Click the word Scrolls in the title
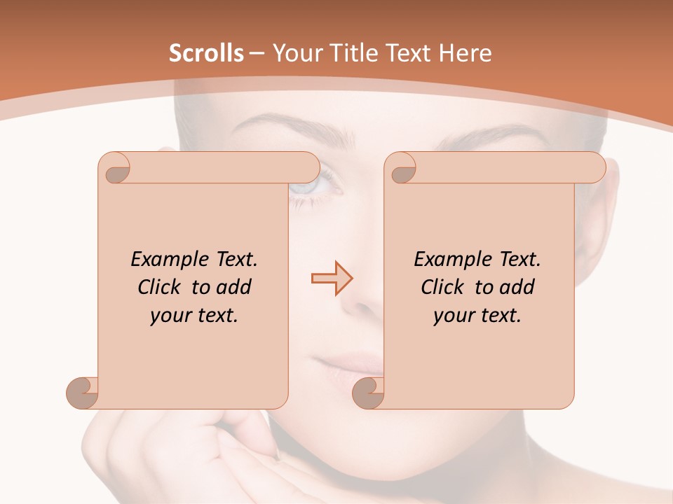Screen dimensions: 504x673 [206, 53]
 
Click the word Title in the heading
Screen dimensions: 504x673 [347, 53]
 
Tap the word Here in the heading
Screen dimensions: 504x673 [465, 53]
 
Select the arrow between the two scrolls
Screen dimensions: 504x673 [332, 278]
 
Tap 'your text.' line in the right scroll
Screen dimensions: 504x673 [477, 316]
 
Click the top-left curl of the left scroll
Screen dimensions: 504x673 [114, 168]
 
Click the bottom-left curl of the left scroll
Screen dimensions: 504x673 [82, 393]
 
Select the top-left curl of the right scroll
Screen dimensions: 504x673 [400, 168]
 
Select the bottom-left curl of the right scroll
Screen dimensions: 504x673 [368, 393]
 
